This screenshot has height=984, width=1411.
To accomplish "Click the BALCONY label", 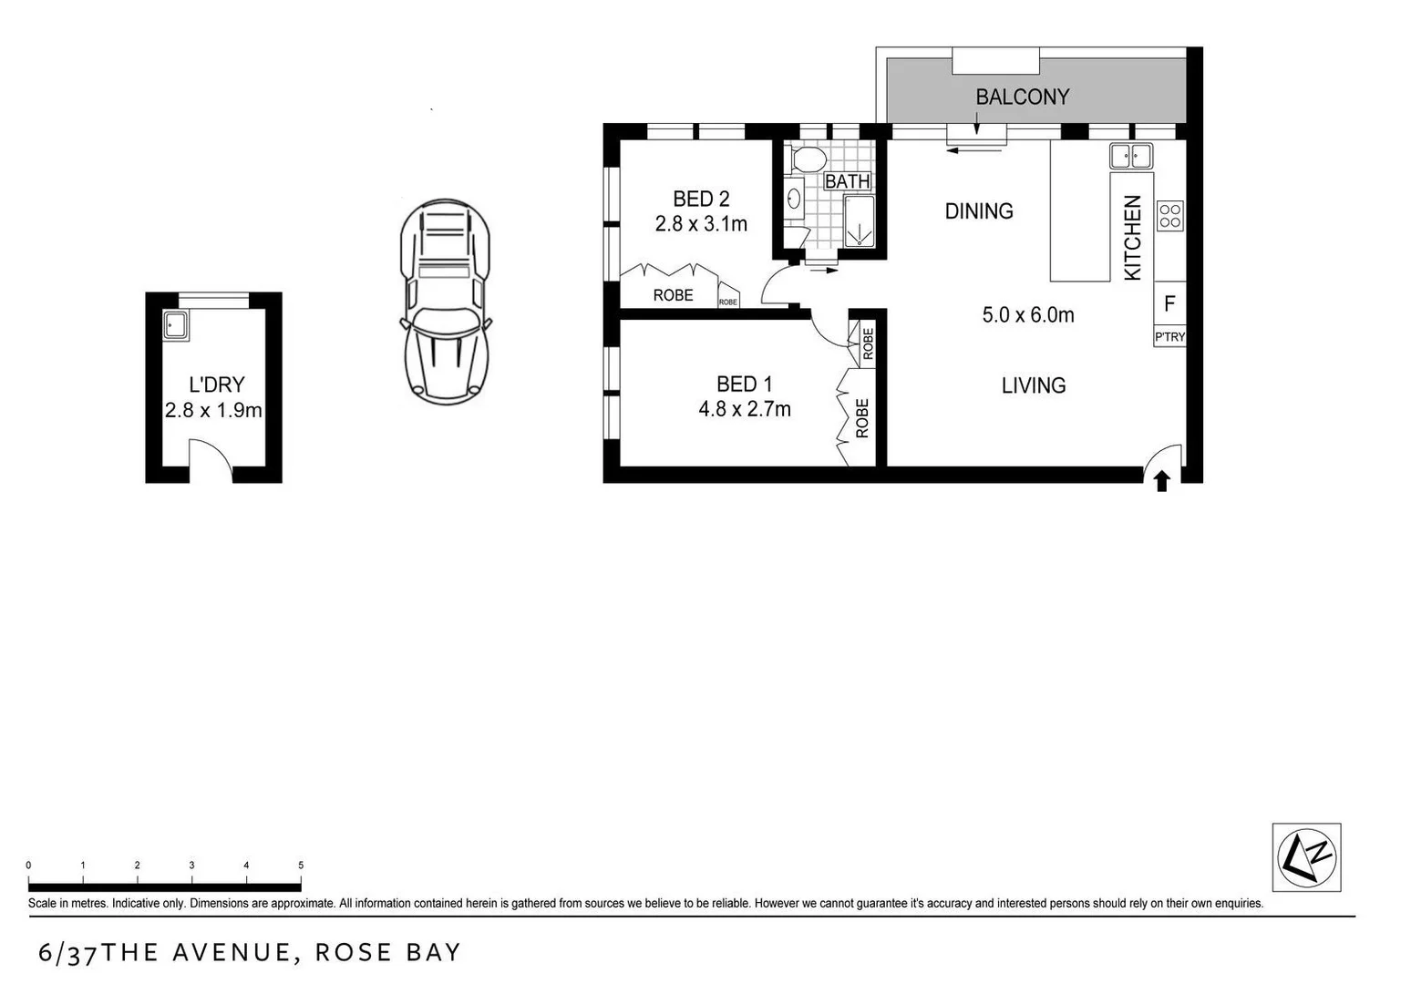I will click(x=1022, y=97).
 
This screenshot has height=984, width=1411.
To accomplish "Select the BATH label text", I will click(x=847, y=181).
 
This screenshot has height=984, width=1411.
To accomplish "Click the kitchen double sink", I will click(x=1130, y=156).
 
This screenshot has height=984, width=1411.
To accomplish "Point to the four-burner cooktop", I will click(x=1169, y=216).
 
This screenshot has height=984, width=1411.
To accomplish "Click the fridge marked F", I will click(x=1169, y=303).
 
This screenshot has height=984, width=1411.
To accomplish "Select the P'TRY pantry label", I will click(x=1169, y=336).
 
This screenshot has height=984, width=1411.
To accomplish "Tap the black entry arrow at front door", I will click(x=1161, y=481).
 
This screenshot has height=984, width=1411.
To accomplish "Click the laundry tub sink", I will click(x=175, y=325).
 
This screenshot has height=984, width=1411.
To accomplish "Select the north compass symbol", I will click(x=1306, y=857).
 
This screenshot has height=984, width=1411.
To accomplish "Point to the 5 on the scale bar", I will click(x=301, y=866).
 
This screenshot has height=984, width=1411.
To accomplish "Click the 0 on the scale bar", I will click(x=28, y=866).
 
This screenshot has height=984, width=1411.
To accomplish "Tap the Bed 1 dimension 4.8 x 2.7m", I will click(x=744, y=410).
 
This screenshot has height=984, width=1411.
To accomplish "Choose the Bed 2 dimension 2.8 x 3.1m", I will click(x=700, y=224).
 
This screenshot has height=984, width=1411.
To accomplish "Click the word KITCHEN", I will click(x=1132, y=238).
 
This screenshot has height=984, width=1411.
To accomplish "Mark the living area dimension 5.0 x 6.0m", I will click(x=1027, y=315).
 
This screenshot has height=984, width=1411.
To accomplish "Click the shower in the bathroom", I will click(x=859, y=221).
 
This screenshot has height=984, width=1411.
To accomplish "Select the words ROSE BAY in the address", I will click(x=388, y=953).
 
